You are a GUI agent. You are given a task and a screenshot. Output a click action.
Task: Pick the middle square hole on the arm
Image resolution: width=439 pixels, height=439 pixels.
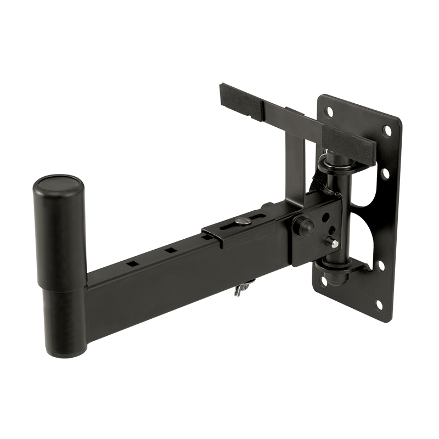[x=171, y=250]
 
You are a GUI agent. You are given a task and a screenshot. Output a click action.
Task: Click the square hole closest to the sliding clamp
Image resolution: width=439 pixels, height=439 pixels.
[x=205, y=237]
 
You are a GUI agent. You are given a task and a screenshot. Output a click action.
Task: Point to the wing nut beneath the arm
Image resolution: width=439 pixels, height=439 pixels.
[x=243, y=289]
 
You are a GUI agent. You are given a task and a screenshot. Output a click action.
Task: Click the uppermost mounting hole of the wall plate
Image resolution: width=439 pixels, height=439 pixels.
[x=329, y=111]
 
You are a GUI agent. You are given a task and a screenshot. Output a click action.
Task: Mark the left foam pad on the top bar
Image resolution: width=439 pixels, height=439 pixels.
[x=241, y=97]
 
